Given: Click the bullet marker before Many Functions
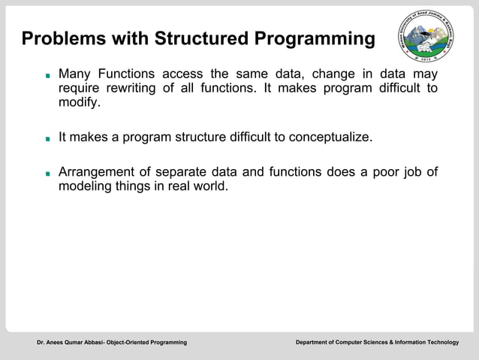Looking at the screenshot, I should [47, 76].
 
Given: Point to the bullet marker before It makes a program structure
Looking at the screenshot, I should [47, 139].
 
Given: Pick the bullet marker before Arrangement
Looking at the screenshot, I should [47, 173].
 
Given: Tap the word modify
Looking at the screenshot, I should [79, 103].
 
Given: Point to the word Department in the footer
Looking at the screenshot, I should [315, 343].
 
